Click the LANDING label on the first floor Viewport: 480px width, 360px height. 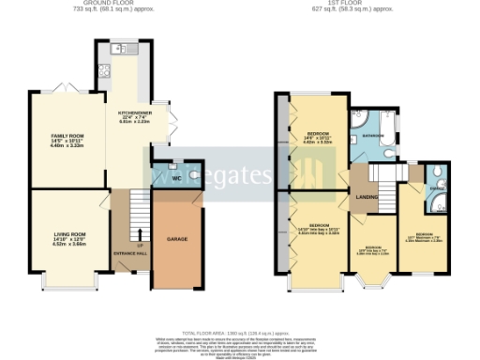[x=366, y=196]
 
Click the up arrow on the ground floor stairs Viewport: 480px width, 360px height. [x=139, y=232]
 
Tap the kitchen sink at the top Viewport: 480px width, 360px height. [x=119, y=49]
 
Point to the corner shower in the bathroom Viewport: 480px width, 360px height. [x=358, y=119]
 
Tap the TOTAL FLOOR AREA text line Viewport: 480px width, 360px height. [x=240, y=333]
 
